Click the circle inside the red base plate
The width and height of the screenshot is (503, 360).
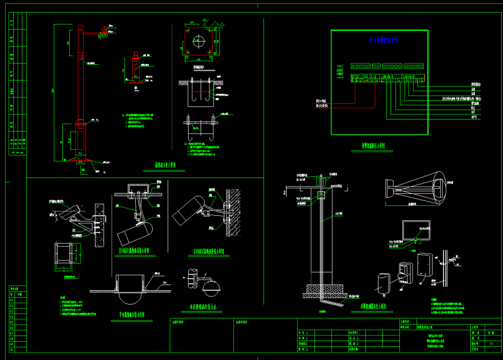pos(199,42)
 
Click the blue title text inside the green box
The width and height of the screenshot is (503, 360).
pos(380,40)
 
